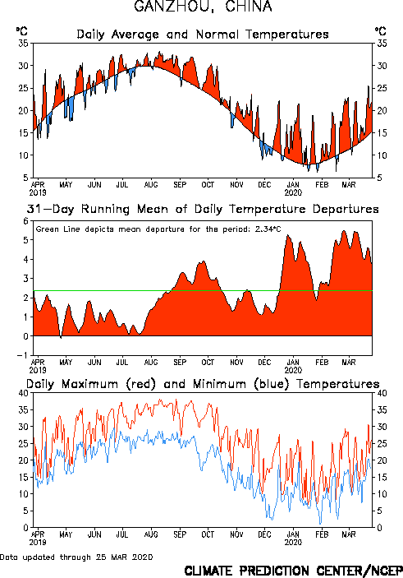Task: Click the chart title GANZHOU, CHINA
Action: (x=203, y=7)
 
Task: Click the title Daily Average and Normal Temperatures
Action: (x=203, y=35)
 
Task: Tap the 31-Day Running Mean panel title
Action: (x=203, y=209)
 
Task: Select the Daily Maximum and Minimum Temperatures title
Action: (x=203, y=384)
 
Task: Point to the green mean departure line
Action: (x=203, y=291)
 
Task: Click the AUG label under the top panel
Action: (x=151, y=185)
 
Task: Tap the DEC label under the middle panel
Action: (x=264, y=363)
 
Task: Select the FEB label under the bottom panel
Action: (x=322, y=534)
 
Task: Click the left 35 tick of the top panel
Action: (x=23, y=43)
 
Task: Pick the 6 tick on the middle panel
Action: (x=25, y=221)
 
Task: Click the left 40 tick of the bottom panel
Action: (x=23, y=393)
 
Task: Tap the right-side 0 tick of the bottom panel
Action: (x=379, y=528)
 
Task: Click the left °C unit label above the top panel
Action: (x=21, y=31)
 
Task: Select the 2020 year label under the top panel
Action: (x=293, y=192)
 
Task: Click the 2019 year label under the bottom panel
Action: (x=38, y=543)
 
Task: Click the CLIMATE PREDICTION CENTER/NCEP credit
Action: (x=293, y=571)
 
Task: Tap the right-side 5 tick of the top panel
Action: (x=379, y=178)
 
